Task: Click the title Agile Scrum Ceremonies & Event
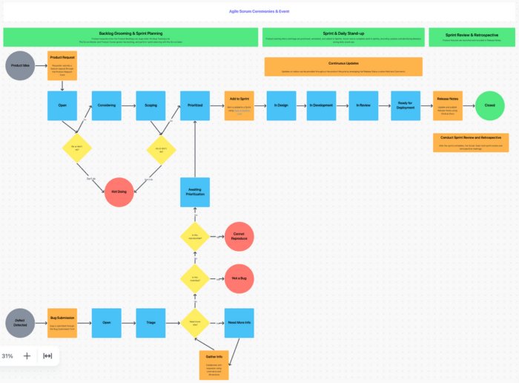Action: (x=259, y=12)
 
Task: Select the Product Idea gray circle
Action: (x=19, y=66)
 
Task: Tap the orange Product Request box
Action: (x=62, y=65)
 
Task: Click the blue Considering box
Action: (x=106, y=105)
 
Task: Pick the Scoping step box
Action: (x=151, y=105)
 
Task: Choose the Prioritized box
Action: (x=194, y=105)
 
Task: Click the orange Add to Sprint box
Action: (x=239, y=105)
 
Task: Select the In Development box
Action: (x=322, y=105)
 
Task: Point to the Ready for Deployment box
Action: (x=406, y=105)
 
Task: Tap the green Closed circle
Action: (x=489, y=105)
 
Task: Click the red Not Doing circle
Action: (x=119, y=191)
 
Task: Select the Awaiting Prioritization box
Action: (x=194, y=191)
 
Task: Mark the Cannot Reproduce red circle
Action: (x=239, y=235)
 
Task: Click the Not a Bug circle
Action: (x=239, y=278)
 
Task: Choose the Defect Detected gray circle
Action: (x=19, y=322)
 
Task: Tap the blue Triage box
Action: (x=151, y=322)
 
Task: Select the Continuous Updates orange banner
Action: (x=343, y=67)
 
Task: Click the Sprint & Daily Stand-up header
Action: (x=343, y=37)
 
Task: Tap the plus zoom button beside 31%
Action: (x=27, y=356)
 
